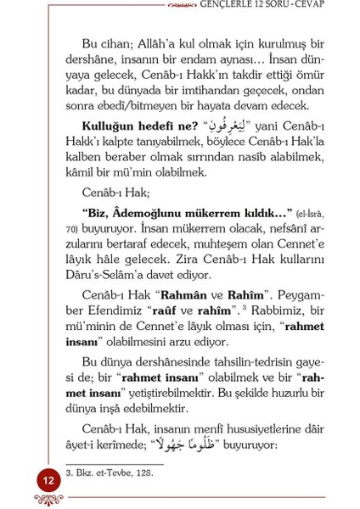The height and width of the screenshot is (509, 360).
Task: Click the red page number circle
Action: tap(48, 481)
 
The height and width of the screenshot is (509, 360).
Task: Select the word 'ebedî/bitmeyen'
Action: tap(132, 105)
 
